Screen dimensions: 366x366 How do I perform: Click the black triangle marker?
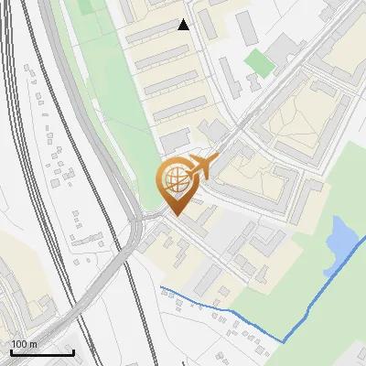(x=184, y=25)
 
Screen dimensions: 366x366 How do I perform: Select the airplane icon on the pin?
(x=202, y=167)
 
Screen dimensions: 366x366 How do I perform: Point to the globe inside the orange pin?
(x=174, y=179)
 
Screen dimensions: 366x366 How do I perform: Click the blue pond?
(x=339, y=240)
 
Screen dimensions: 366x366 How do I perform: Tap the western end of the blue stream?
(x=161, y=288)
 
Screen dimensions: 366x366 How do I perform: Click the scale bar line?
(x=41, y=353)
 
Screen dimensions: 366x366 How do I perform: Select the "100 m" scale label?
(x=24, y=344)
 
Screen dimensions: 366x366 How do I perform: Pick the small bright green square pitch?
(x=259, y=63)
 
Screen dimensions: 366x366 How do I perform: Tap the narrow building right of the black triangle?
(x=247, y=27)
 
